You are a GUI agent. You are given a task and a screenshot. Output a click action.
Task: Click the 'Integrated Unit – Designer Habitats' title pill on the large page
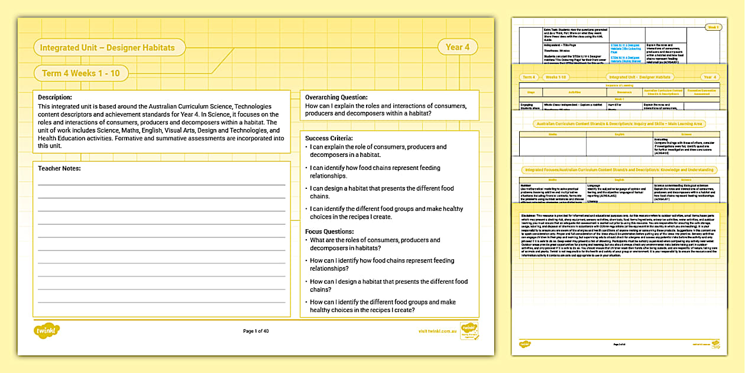109,47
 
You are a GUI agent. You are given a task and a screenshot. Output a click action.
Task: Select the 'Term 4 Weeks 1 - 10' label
81,73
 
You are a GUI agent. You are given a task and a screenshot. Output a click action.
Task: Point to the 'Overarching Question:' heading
336,97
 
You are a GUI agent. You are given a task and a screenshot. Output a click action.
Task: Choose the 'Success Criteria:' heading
329,138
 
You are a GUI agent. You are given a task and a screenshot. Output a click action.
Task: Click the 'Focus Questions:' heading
330,231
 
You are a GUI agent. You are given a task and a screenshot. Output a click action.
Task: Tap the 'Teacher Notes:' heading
59,168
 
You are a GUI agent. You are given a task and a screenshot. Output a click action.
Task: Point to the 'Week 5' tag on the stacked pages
714,27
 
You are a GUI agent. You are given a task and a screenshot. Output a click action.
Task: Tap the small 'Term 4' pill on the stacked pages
528,77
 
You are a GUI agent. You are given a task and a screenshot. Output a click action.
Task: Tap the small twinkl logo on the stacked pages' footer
525,344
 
